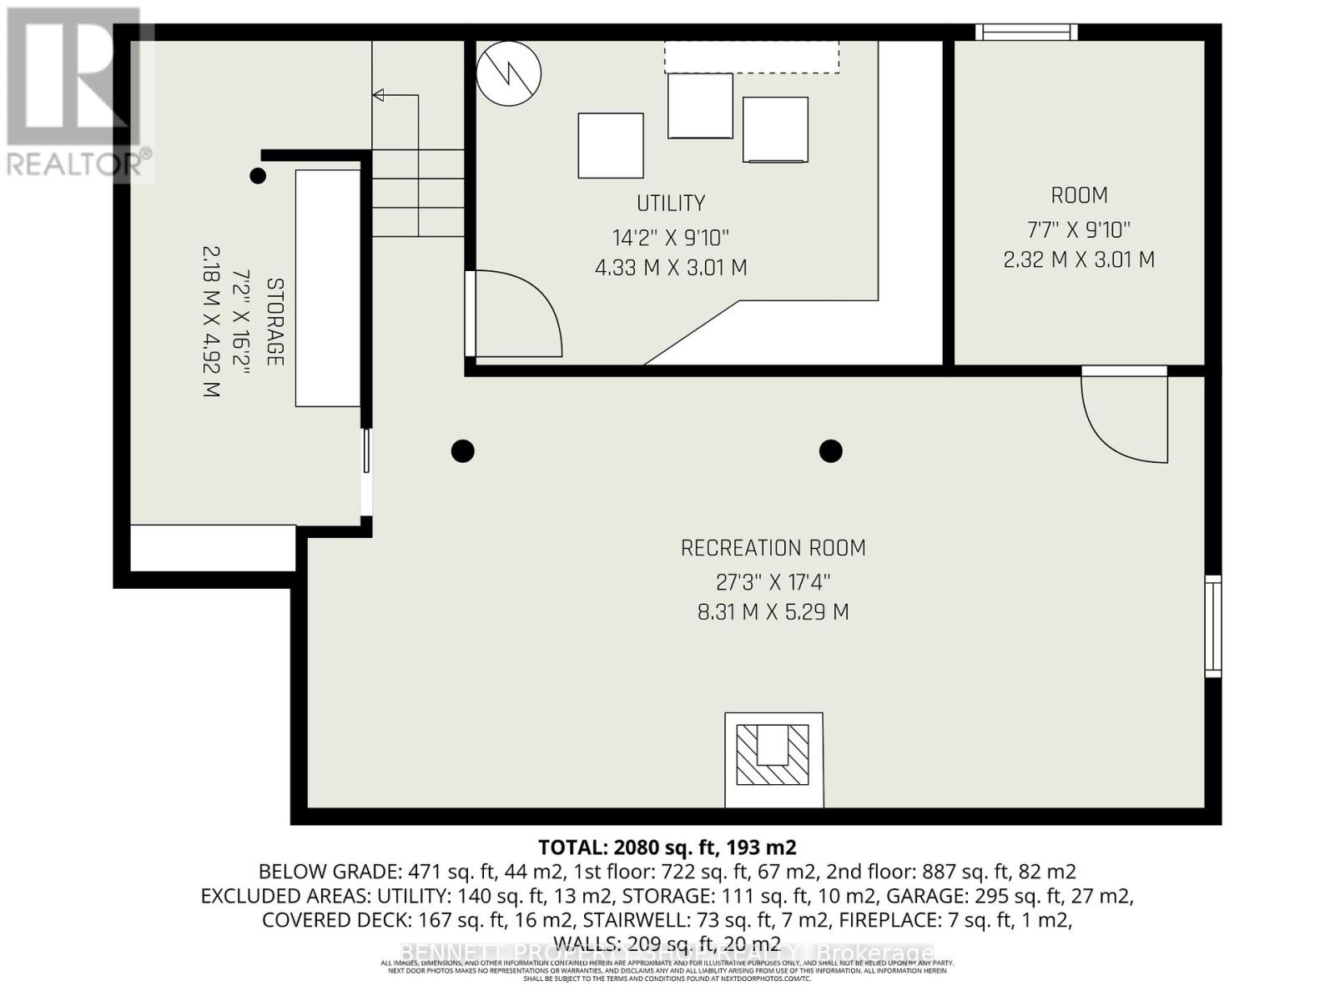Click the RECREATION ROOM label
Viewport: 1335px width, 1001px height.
773,548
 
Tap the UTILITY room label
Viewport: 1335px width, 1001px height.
670,203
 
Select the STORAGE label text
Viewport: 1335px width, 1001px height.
275,321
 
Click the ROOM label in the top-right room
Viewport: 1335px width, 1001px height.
1079,195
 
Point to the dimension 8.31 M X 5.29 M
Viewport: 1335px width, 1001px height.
773,612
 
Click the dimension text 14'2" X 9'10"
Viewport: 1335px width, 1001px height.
670,238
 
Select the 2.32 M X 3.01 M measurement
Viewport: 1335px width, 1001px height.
1079,259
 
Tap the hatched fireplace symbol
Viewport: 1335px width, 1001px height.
773,755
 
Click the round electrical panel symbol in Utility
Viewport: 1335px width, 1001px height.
508,73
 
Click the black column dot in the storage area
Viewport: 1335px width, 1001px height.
258,176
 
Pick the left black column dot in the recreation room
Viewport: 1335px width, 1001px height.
463,451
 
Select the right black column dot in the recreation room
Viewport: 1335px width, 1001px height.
830,451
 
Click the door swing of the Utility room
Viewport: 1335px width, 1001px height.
517,313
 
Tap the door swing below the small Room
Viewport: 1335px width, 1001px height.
1122,417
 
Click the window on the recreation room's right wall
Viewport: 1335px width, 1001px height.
1212,626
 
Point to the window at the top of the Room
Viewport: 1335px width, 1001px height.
1026,32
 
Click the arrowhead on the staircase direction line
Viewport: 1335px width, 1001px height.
378,95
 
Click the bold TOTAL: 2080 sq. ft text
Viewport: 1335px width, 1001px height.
667,848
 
